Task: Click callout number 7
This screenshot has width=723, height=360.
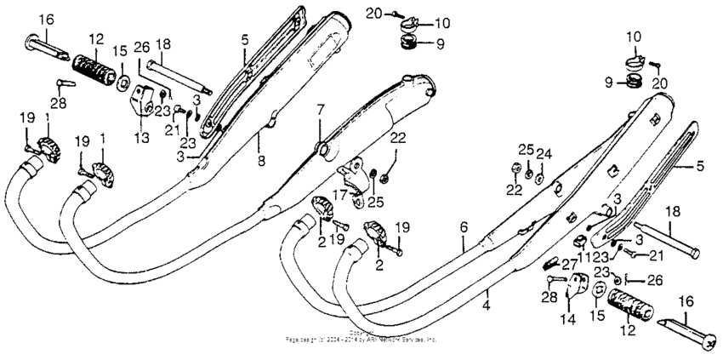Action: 321,111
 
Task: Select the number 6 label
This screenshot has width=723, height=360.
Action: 464,227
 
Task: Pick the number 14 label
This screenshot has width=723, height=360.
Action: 568,319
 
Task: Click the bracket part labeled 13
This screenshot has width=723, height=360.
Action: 144,106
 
